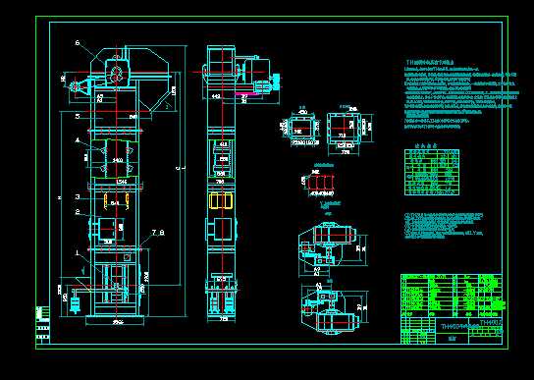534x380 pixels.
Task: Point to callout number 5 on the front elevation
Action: [78, 115]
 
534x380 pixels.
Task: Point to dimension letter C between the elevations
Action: [177, 168]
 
